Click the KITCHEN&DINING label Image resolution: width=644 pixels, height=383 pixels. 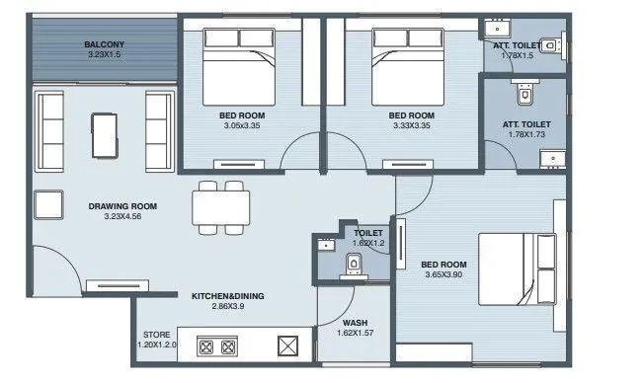coord(227,295)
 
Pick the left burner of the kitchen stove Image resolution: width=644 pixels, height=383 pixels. coord(209,345)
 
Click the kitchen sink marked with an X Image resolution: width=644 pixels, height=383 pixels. coord(287,345)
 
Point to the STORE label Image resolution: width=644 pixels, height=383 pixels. coord(157,335)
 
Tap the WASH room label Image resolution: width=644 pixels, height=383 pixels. coord(356,323)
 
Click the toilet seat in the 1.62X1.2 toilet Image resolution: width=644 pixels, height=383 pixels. coord(353,264)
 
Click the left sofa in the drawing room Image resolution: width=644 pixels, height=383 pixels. coord(50,130)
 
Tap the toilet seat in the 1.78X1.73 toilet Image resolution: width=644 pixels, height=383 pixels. coord(524,97)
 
